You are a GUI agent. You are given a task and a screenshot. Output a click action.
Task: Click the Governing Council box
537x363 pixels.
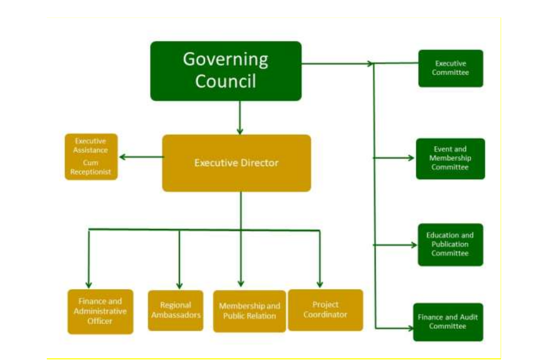225,71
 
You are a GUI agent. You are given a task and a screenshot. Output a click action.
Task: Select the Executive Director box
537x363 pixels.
236,163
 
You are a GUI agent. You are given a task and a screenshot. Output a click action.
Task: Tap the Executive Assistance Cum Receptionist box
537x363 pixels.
91,157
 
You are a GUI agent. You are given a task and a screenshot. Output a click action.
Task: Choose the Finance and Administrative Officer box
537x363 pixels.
100,312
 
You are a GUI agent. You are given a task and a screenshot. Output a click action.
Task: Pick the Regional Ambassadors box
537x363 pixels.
176,310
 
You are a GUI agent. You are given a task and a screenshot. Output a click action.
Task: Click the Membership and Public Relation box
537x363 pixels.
249,311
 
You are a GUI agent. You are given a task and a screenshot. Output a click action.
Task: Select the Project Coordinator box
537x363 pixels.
325,310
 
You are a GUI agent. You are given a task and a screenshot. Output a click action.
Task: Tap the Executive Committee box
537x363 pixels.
451,69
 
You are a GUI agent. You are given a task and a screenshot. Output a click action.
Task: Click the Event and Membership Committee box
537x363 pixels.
450,158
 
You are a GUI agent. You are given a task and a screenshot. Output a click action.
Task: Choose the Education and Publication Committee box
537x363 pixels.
450,244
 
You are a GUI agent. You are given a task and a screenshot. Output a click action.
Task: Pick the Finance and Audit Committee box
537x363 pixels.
448,322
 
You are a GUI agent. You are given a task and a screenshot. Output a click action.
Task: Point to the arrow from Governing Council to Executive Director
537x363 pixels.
240,117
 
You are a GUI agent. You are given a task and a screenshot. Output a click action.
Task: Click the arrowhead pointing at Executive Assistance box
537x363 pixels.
122,157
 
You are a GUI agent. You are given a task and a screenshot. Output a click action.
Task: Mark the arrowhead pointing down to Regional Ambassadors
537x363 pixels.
180,286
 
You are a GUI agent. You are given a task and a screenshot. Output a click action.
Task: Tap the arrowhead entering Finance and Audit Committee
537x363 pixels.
410,328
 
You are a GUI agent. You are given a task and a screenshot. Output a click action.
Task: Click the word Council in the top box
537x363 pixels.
225,81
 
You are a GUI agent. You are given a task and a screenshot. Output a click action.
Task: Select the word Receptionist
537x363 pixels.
91,172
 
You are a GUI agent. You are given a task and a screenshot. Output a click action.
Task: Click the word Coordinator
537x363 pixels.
325,315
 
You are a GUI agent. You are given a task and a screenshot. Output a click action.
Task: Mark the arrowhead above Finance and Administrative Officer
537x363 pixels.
89,285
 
